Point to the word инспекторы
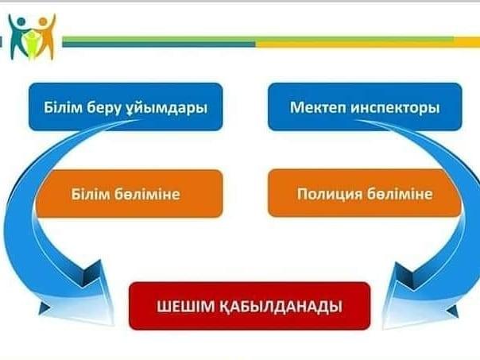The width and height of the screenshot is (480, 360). pyautogui.click(x=396, y=108)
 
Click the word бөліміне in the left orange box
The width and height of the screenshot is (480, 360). pyautogui.click(x=148, y=194)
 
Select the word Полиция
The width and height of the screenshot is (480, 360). pyautogui.click(x=329, y=194)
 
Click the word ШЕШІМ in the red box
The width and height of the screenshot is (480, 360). pyautogui.click(x=185, y=306)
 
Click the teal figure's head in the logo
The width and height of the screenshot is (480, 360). pyautogui.click(x=21, y=21)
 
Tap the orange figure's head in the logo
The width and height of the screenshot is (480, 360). pyautogui.click(x=43, y=21)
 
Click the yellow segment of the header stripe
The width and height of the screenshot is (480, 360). pyautogui.click(x=367, y=45)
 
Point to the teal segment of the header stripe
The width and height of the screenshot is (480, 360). pyautogui.click(x=159, y=45)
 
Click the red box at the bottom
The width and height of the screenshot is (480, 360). pyautogui.click(x=250, y=306)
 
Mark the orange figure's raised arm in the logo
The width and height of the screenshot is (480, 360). pyautogui.click(x=52, y=23)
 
